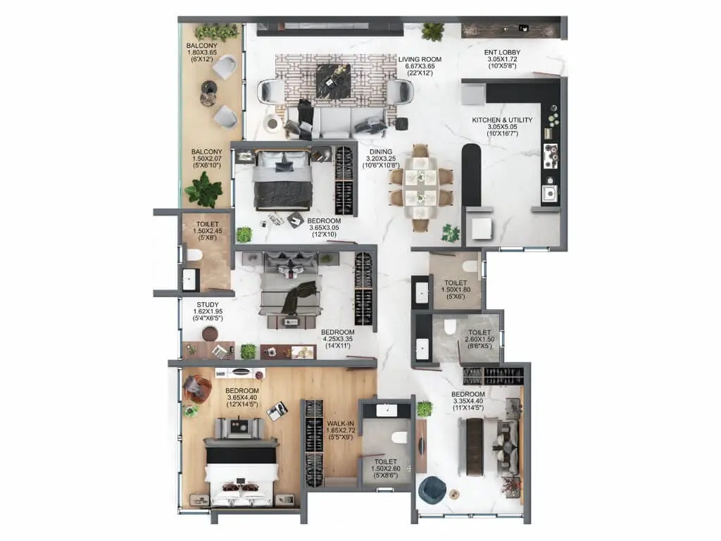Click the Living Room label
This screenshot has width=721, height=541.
(420, 59)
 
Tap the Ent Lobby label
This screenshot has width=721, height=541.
(502, 52)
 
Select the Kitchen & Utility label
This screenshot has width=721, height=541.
(502, 120)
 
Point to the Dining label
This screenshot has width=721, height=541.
(381, 152)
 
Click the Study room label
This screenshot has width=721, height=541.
(208, 305)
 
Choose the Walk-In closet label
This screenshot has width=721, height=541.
(340, 423)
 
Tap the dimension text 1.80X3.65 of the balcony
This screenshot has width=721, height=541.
(202, 52)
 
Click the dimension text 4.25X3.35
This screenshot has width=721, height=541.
(337, 339)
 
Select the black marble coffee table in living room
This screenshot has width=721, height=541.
(333, 81)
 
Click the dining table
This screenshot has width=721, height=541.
(420, 187)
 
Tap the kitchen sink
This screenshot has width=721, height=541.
(549, 193)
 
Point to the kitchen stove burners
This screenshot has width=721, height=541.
(551, 156)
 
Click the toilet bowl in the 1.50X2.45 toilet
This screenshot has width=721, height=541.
(194, 255)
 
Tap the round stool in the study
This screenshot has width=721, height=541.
(210, 333)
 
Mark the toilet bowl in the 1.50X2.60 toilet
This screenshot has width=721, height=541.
(399, 438)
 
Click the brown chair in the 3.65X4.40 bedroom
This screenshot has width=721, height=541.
(197, 389)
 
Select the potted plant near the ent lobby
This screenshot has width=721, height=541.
(433, 32)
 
